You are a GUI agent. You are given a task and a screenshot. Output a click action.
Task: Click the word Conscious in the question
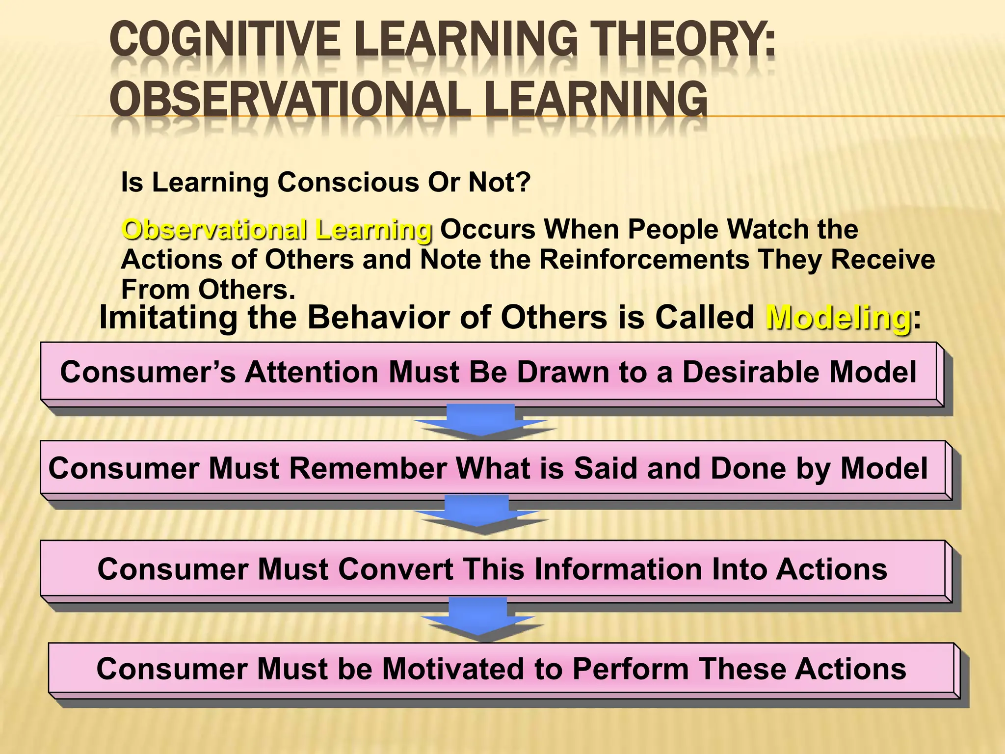tap(348, 183)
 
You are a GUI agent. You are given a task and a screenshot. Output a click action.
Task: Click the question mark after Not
tap(522, 183)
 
